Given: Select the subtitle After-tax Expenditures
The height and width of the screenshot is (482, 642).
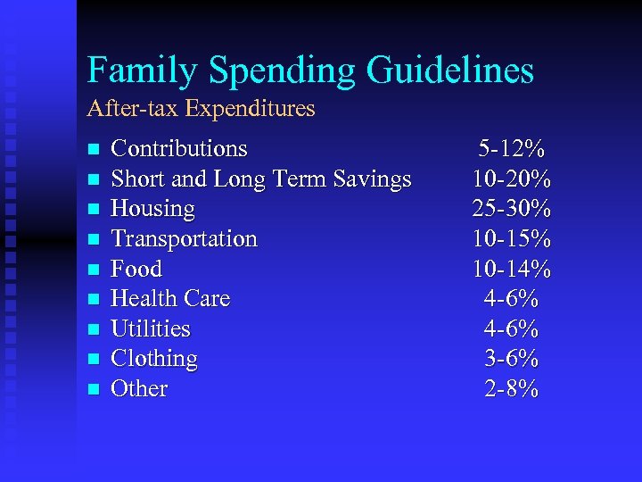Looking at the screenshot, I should coord(201,109).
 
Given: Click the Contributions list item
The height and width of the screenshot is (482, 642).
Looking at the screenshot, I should coord(178,148).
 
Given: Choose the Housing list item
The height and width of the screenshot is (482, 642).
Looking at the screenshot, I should coord(152,209).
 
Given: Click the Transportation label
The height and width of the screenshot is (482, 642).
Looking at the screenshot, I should coord(184,238).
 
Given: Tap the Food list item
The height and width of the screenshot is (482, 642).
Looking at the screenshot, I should coord(136,269).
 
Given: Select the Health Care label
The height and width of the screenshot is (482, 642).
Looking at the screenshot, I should coord(169,298).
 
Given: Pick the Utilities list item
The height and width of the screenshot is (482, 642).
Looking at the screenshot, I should coord(150,328).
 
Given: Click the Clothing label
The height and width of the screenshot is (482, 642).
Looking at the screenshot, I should coord(153,359).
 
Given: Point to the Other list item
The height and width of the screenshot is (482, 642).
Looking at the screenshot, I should coord(138,388).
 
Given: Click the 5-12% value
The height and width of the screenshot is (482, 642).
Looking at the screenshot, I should coord(512,148).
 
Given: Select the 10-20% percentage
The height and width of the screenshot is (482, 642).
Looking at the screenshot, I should coord(512,179).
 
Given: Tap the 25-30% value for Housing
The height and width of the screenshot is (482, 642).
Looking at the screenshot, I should coord(512,209).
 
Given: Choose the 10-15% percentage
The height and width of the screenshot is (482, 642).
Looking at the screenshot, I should coord(512,238).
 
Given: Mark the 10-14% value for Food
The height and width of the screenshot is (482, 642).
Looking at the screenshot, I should coord(512,269).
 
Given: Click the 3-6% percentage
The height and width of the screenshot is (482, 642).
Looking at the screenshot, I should coord(512,359).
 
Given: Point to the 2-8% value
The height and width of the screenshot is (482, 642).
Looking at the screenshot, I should coord(512,388).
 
